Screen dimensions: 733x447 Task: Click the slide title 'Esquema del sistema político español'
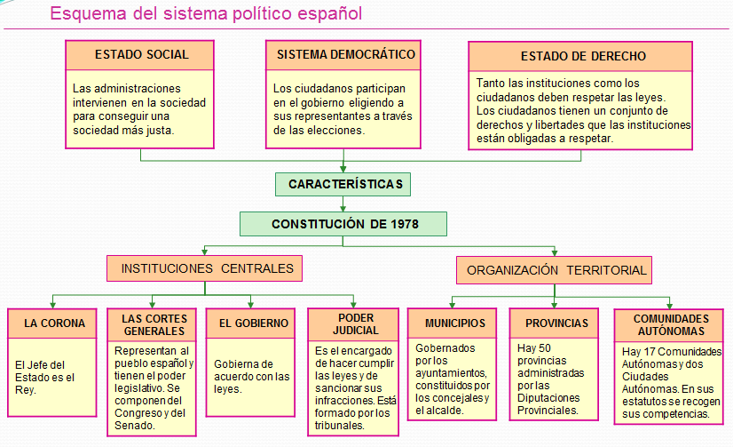[206, 13]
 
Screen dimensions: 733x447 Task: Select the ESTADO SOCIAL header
[140, 55]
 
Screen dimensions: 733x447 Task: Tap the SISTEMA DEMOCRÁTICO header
[343, 55]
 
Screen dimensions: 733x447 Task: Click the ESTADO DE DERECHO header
[580, 57]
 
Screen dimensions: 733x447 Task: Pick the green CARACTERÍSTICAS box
[343, 185]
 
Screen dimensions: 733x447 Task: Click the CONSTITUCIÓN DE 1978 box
[343, 224]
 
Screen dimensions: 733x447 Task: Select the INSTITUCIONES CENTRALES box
[205, 268]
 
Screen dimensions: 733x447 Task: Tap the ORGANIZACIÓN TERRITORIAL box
[554, 270]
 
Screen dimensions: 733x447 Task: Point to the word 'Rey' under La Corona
[24, 390]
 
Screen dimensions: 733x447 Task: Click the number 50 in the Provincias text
[545, 348]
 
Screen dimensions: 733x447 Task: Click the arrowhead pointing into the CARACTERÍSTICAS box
[343, 169]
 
